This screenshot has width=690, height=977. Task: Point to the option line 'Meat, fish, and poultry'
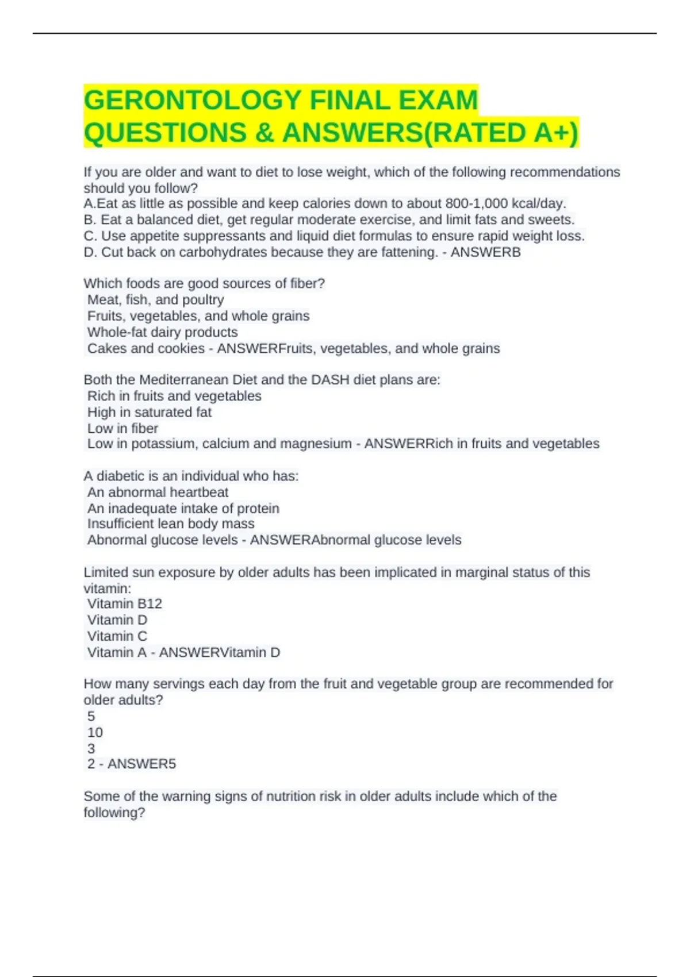[x=155, y=300]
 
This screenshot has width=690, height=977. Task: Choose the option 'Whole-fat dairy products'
[x=162, y=332]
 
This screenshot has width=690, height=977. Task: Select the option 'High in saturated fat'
[x=149, y=412]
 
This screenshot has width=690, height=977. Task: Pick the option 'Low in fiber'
[x=122, y=428]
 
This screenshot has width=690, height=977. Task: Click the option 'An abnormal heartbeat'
[x=158, y=493]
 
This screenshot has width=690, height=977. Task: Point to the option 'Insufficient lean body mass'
[x=171, y=524]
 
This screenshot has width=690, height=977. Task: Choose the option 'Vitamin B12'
[x=124, y=604]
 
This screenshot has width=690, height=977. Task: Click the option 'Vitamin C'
[x=117, y=636]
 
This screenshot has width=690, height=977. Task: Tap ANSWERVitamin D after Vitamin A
[x=219, y=653]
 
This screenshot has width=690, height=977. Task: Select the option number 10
[x=95, y=733]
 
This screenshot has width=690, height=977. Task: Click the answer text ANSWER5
[x=141, y=764]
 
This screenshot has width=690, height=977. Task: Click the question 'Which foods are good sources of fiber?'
[x=204, y=284]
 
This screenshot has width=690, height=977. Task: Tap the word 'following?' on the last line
[x=114, y=813]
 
